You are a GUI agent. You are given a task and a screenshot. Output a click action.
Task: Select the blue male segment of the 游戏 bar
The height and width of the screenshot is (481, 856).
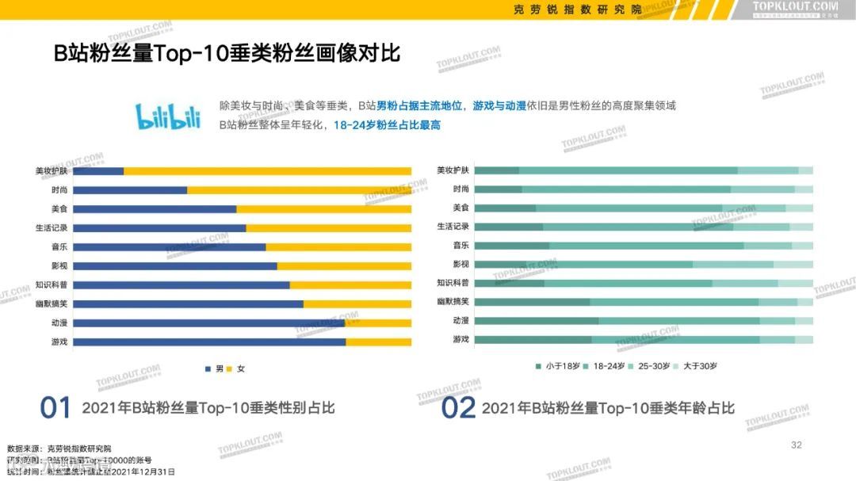point(209,342)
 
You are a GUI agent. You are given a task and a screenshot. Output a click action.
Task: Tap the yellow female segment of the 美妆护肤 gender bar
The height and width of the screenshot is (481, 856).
point(267,171)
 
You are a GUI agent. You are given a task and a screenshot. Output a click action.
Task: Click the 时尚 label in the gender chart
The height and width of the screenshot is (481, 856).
point(59,190)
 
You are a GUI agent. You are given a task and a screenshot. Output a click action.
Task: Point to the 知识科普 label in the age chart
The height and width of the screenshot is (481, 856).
point(453,283)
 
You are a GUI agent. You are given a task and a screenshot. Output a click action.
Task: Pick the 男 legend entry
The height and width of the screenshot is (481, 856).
point(215,369)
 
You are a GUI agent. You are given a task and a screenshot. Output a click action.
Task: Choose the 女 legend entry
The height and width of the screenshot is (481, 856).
point(236,369)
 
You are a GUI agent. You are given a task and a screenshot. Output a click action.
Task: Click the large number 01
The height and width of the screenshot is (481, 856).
point(56,408)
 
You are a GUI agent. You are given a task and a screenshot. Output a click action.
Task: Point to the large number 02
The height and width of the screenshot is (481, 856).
point(458,408)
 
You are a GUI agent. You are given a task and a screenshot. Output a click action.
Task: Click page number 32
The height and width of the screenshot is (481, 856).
point(797,445)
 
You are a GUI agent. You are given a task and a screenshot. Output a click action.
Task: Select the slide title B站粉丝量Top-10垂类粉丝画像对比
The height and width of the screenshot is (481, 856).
point(227,54)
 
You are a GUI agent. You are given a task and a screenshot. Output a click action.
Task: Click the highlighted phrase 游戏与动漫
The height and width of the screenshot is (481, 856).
point(499,105)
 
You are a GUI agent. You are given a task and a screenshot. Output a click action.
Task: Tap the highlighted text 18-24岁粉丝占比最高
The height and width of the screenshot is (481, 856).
point(387,125)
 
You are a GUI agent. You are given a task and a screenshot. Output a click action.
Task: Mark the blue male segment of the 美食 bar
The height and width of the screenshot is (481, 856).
point(155,209)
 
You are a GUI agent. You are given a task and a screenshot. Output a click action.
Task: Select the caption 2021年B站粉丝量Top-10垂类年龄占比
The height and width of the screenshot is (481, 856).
point(608,408)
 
